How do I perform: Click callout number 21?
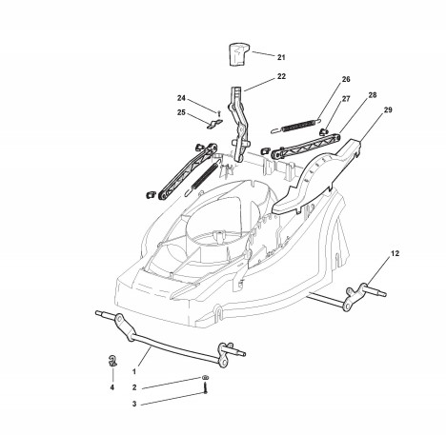point(281,57)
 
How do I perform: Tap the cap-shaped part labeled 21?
point(238,54)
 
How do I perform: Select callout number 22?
point(281,76)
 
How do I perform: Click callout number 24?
point(181,98)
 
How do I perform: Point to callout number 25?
point(181,112)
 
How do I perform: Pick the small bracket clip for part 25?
point(214,124)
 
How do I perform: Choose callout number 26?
point(346,79)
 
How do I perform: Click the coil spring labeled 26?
point(296,125)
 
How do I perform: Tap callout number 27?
point(346,99)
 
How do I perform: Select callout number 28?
point(373,95)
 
